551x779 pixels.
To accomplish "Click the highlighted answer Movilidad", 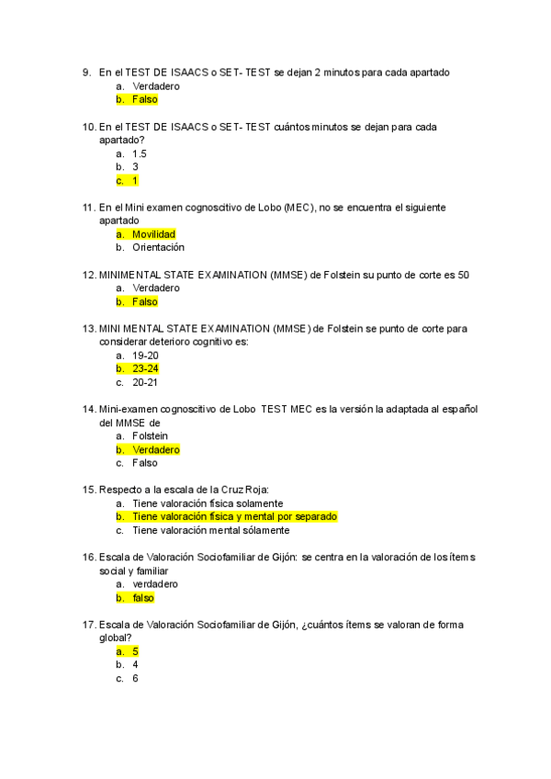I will click(x=153, y=234).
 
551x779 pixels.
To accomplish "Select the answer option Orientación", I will click(x=158, y=247).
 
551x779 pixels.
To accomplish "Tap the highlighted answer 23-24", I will click(x=145, y=368).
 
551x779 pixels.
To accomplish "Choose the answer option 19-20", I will click(x=145, y=356).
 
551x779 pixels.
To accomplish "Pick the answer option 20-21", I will click(x=145, y=382).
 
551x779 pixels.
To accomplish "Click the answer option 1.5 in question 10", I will click(x=140, y=153).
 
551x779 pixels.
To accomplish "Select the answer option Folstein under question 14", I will click(x=151, y=436).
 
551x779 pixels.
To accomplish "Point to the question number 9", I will click(x=86, y=73).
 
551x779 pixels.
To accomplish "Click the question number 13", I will click(x=89, y=328).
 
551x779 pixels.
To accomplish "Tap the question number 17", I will click(x=89, y=625).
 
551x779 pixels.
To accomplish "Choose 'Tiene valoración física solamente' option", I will click(x=208, y=503).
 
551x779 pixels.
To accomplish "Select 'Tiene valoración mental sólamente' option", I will click(x=210, y=530).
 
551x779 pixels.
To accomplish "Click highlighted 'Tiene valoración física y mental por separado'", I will click(x=234, y=516).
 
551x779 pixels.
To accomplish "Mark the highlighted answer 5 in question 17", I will click(x=135, y=651).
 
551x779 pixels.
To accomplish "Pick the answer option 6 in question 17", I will click(x=135, y=678).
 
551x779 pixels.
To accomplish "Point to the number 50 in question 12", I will click(x=464, y=275).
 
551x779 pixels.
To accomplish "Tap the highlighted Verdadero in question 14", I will click(x=156, y=450).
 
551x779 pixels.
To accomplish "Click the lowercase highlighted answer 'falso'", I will click(x=143, y=597).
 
